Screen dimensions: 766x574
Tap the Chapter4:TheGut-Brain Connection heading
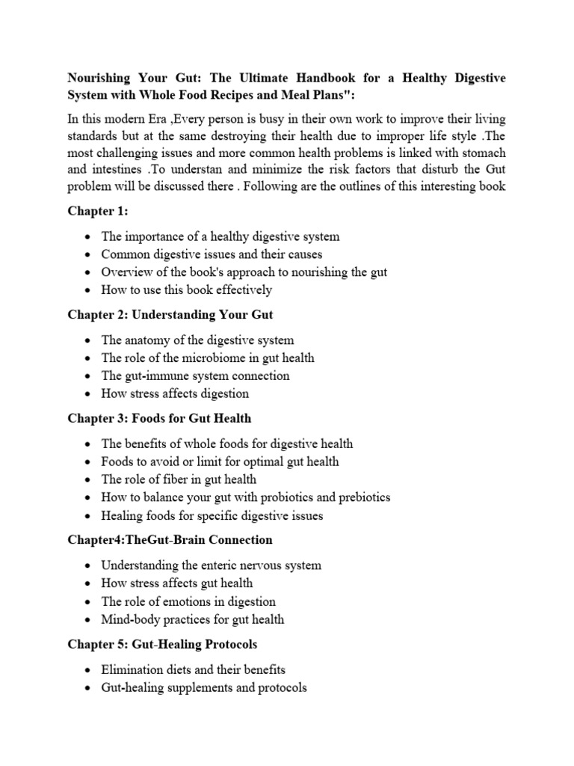[x=170, y=539]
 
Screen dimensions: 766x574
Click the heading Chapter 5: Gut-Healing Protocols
[x=163, y=643]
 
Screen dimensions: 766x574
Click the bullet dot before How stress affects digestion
[x=89, y=394]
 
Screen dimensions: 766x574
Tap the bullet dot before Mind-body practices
[x=89, y=620]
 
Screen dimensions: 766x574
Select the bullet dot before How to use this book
[x=89, y=290]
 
